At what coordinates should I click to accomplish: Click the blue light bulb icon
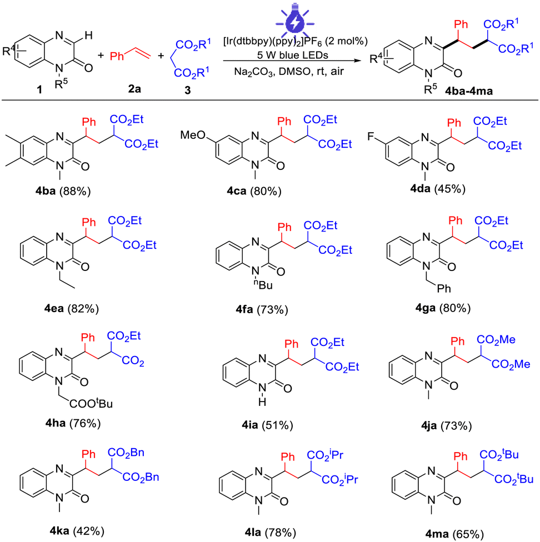click(x=294, y=19)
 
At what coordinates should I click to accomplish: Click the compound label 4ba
click(x=46, y=191)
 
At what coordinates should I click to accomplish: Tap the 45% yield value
click(x=450, y=189)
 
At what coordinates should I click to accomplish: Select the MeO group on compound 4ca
click(x=193, y=135)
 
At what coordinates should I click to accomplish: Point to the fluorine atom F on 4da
click(x=371, y=137)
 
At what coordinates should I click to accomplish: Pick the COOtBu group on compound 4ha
click(x=91, y=403)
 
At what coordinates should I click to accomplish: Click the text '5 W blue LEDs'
click(x=292, y=55)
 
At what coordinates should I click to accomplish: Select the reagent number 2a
click(x=134, y=89)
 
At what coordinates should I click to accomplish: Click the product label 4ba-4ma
click(x=469, y=91)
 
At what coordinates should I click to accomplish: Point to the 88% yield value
click(x=75, y=191)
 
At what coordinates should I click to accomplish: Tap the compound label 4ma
click(x=437, y=534)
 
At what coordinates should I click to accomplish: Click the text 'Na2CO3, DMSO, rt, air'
click(x=289, y=72)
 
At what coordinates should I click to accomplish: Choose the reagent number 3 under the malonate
click(x=187, y=90)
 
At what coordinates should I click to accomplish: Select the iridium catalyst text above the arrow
click(x=296, y=42)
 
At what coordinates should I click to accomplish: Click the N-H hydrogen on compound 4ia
click(x=262, y=402)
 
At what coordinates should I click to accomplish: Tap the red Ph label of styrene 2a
click(x=117, y=56)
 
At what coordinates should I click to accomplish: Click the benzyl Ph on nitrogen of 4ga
click(x=443, y=288)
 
